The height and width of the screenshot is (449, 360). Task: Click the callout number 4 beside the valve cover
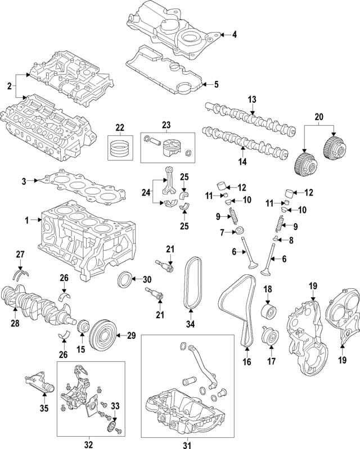click(235, 35)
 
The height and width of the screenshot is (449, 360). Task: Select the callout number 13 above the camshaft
click(252, 99)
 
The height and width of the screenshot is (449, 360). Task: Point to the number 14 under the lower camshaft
click(242, 162)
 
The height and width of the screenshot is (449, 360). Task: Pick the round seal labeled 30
click(125, 279)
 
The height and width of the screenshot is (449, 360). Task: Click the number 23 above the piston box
click(167, 125)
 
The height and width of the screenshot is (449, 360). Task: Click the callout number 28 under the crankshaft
click(16, 324)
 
